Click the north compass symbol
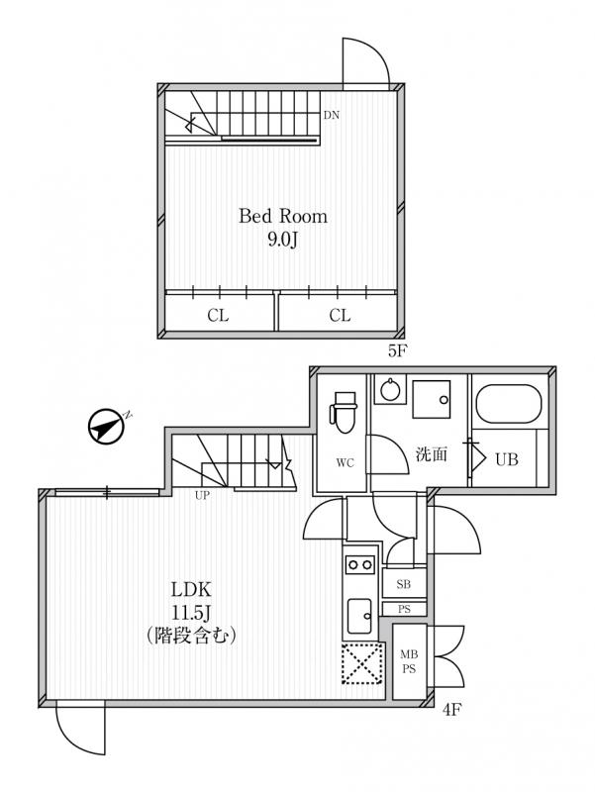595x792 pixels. [106, 427]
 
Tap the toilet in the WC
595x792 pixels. [344, 412]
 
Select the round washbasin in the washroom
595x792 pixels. [390, 390]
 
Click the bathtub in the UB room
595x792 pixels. [509, 405]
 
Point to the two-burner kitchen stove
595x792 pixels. [359, 564]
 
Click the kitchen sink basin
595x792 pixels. [360, 615]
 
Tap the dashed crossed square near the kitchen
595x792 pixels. [361, 663]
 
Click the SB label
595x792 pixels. [404, 585]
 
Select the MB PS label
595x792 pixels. [409, 661]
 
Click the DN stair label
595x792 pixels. [332, 115]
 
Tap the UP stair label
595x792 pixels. [202, 496]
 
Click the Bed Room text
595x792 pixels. [283, 216]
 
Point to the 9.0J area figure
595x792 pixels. [282, 240]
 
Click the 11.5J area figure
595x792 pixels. [191, 613]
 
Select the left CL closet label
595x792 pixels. [218, 316]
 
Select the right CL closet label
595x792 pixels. [340, 316]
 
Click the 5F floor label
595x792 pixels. [398, 350]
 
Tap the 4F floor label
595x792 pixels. [452, 710]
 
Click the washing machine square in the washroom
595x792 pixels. [432, 399]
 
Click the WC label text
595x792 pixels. [345, 462]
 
